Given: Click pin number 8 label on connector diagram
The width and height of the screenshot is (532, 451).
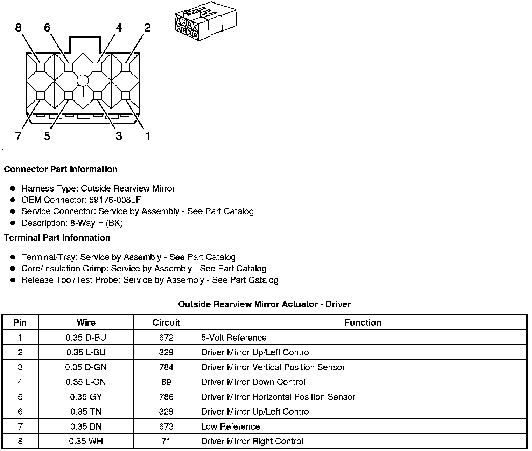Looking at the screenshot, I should (19, 27).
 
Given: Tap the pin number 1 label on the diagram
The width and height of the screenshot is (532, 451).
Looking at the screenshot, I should (147, 136).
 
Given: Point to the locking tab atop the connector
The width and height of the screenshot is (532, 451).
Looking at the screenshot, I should (85, 45).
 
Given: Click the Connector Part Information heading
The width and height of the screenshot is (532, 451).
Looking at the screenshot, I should (61, 169).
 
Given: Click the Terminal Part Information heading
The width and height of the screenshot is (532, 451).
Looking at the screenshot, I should (57, 238).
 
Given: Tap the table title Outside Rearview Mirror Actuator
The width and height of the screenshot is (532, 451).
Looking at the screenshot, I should (264, 304).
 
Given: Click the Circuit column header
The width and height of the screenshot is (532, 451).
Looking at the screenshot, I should (166, 322).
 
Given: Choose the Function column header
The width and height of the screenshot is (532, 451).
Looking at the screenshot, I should (363, 322).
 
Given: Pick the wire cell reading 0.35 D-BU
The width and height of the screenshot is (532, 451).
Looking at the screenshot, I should (86, 338).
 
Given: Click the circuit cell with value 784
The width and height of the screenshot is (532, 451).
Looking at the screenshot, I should (166, 367).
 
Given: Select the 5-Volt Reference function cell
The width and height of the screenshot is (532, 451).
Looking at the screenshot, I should (234, 338).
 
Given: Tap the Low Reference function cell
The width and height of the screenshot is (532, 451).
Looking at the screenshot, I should (231, 426).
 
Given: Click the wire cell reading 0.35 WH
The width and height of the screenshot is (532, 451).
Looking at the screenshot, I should (86, 442).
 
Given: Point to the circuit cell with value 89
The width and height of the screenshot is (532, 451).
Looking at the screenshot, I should (166, 382).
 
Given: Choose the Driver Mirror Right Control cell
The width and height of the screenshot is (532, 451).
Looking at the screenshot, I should (252, 442).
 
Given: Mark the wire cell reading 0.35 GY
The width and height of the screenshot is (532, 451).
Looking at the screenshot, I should (86, 397).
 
